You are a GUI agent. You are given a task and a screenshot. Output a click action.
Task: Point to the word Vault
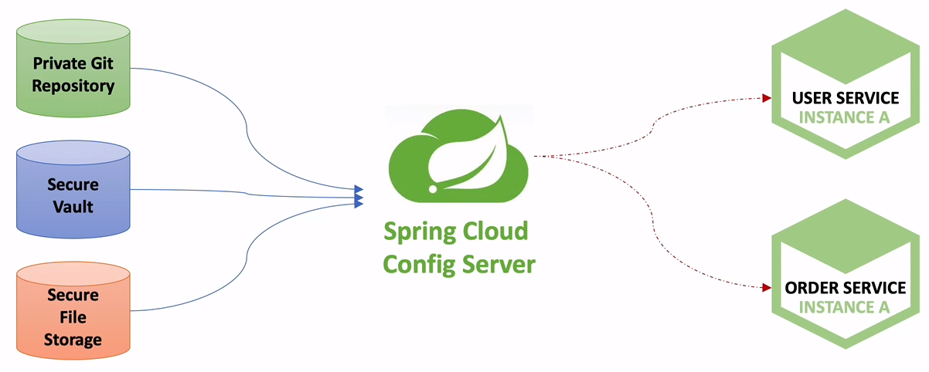point(74,206)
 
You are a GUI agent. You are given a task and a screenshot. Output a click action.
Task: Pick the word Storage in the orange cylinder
point(74,339)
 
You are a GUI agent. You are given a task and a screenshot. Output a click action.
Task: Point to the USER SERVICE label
point(846,98)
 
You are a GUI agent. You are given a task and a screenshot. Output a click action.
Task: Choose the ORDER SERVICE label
point(845,288)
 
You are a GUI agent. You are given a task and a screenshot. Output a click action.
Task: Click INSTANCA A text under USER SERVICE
point(845,117)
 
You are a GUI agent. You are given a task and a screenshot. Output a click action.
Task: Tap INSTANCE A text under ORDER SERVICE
point(845,307)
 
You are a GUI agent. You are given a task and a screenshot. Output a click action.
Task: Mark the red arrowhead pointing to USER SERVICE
point(767,98)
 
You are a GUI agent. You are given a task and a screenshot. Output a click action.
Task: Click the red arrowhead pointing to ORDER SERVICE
point(767,288)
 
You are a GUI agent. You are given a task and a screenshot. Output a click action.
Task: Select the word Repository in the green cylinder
point(73,85)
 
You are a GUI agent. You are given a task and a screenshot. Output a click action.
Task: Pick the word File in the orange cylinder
point(74,317)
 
